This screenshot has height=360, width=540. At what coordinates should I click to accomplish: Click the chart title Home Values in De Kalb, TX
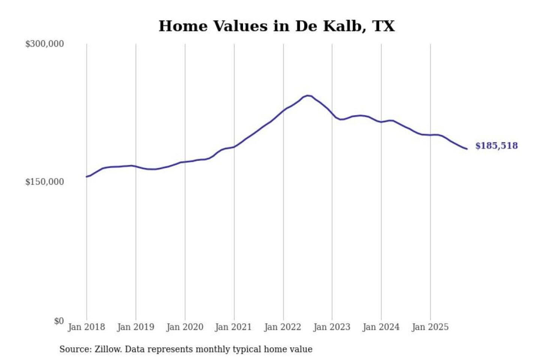coord(276,26)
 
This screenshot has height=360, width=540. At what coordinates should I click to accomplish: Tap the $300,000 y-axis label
coord(45,44)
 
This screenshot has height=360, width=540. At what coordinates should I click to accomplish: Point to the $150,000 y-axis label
coord(45,182)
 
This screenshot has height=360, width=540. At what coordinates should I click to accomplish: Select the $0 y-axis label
coord(59,321)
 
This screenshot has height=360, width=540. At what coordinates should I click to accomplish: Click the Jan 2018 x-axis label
coord(86,327)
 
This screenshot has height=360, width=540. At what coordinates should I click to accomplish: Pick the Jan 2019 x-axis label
coord(135,327)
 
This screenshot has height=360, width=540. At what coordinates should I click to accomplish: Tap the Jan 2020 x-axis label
coord(184,327)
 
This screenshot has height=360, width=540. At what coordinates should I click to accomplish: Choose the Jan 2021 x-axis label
coord(233,327)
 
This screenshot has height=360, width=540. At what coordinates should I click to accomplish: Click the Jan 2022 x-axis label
coord(282,327)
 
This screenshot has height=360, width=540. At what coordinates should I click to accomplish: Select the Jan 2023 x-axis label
coord(331,327)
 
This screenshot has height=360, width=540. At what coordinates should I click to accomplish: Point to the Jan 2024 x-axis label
coord(381,327)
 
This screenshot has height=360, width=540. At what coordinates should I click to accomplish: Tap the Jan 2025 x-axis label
coord(430,327)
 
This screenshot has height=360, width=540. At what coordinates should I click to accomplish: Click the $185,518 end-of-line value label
coord(496,146)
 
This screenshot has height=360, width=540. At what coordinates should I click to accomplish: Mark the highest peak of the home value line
coord(308,96)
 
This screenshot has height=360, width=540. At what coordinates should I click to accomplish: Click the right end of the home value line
coord(467,149)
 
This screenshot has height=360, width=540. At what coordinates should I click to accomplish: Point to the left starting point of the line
coord(87,177)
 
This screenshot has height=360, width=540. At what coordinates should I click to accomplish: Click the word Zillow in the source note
coord(108,349)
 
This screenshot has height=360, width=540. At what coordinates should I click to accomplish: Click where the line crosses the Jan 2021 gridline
coord(234,147)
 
